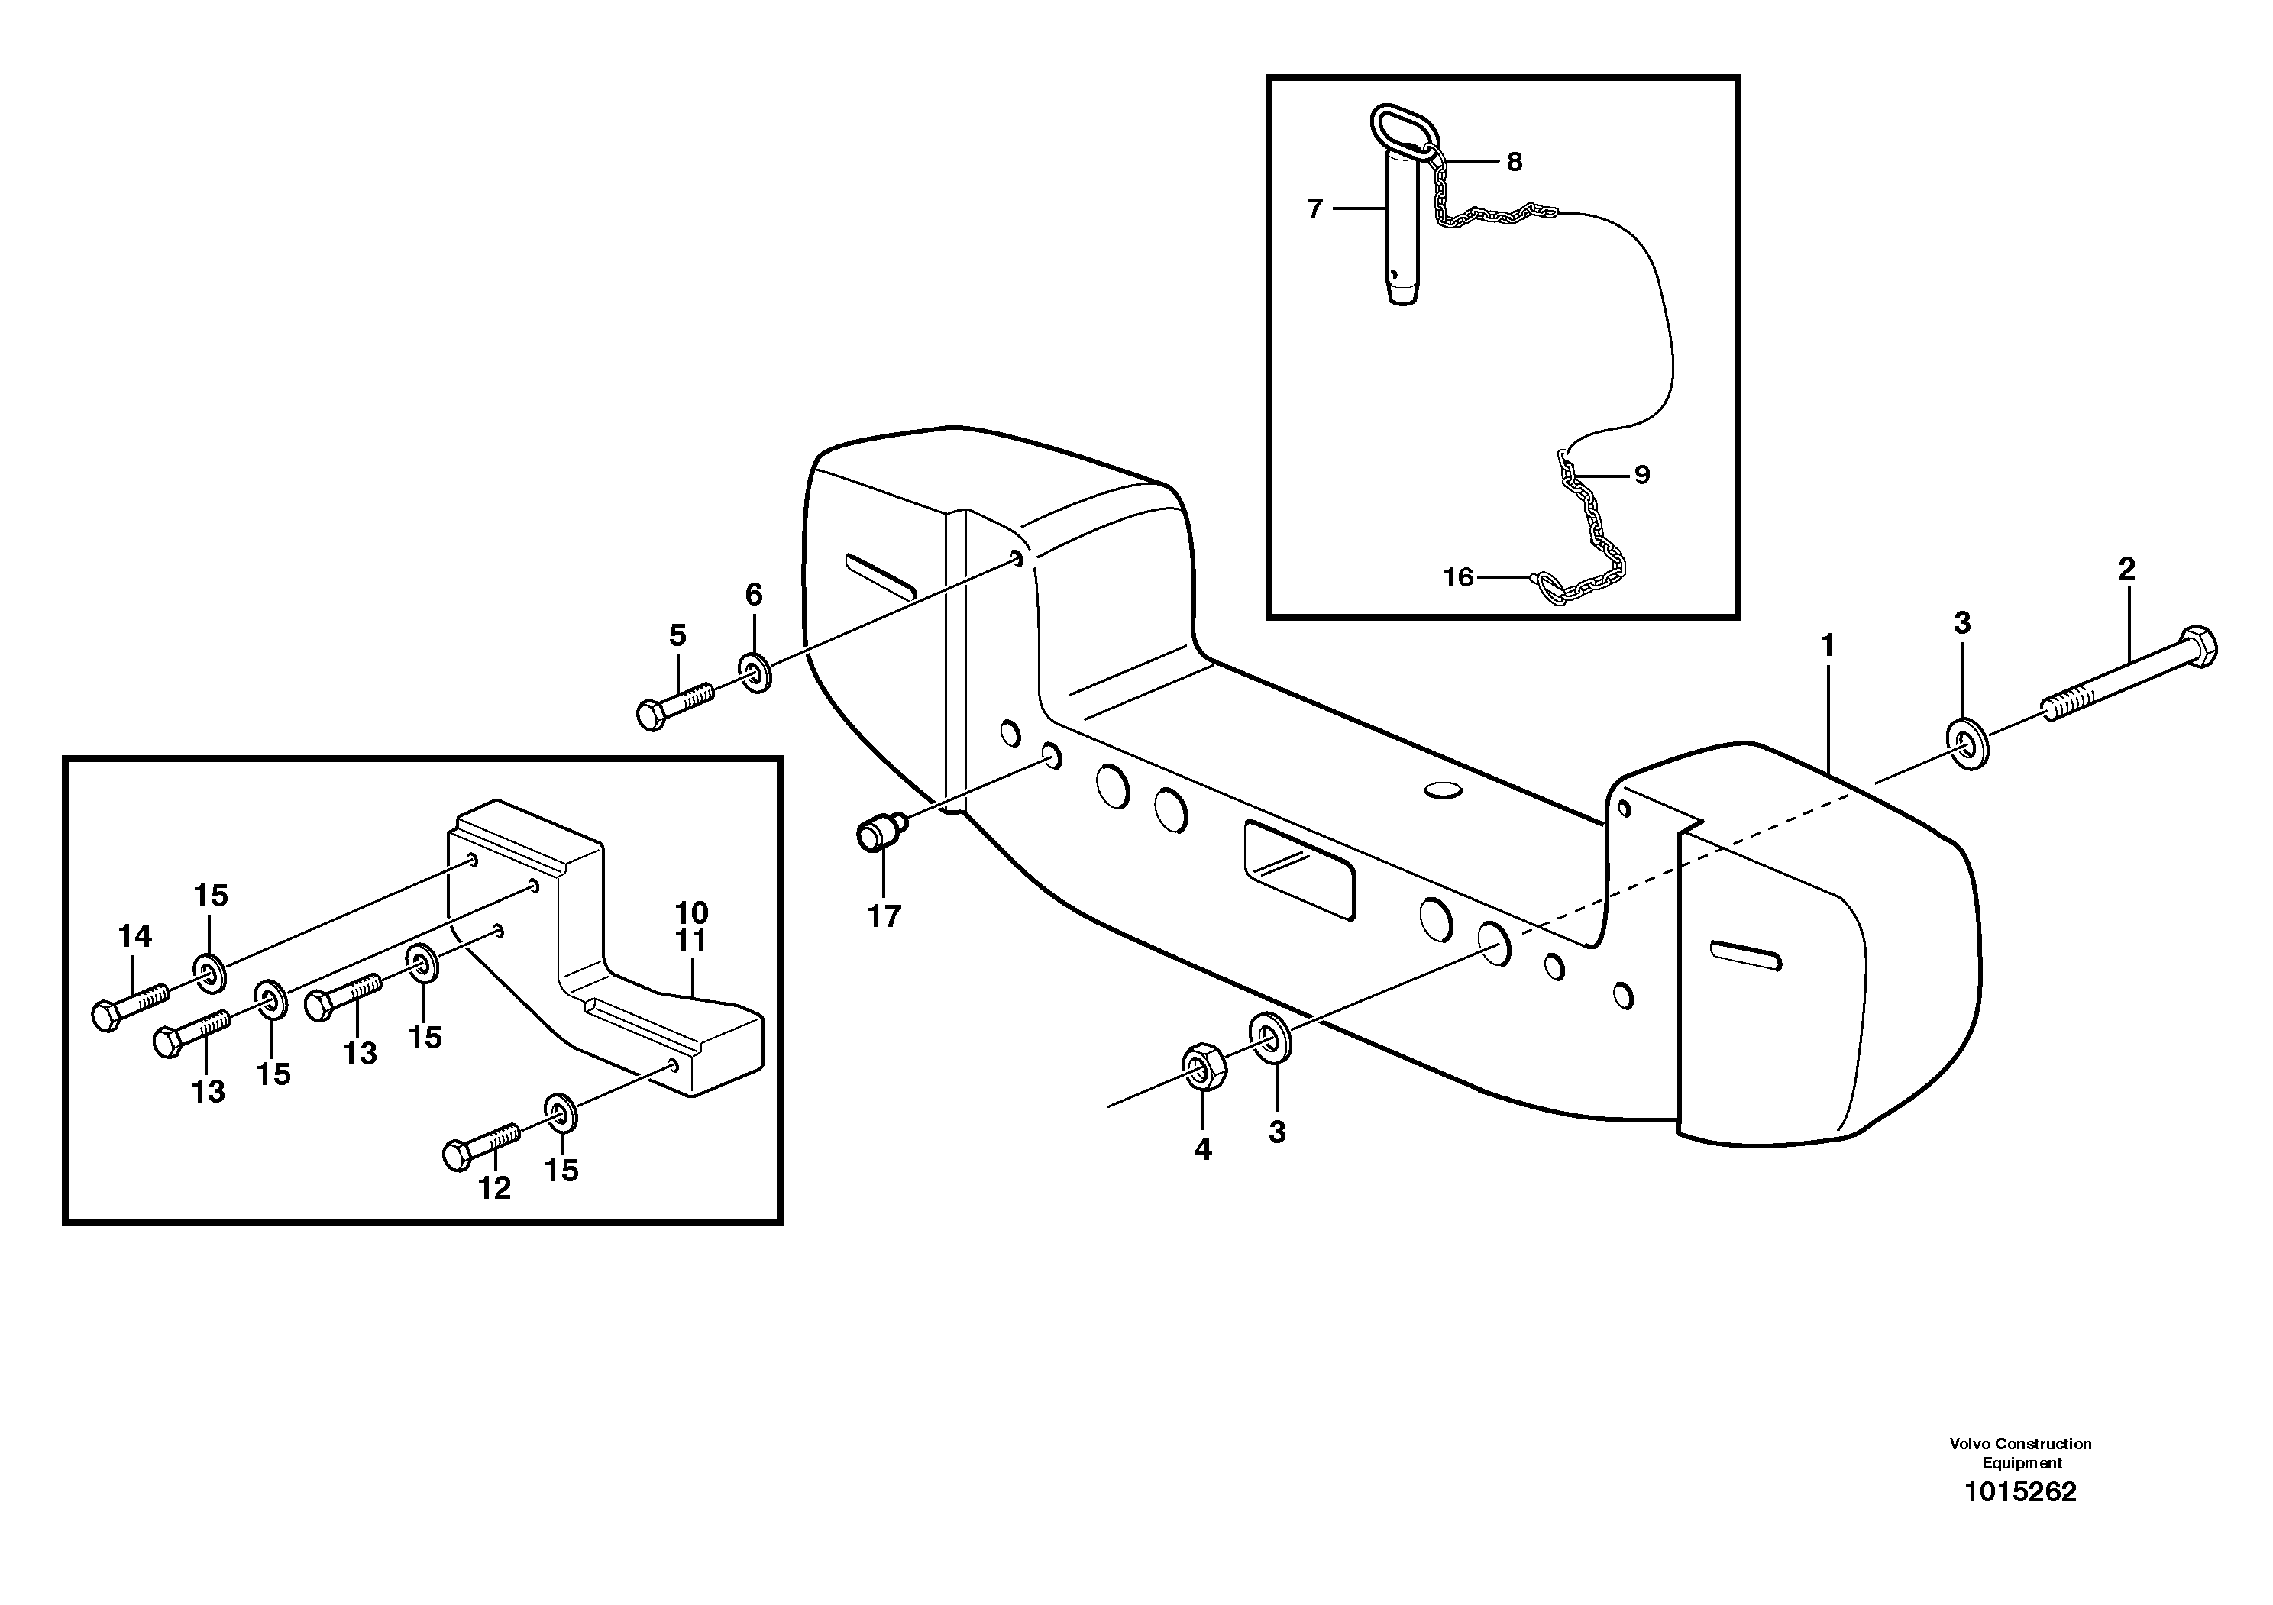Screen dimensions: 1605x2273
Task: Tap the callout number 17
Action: (x=884, y=916)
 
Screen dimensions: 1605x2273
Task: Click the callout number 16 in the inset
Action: (x=1457, y=577)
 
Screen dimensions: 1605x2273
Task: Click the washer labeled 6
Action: (x=756, y=673)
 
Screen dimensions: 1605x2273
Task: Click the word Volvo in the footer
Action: (x=1968, y=1471)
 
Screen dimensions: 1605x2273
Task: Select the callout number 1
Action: (x=1828, y=645)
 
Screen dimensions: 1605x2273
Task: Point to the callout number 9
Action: (x=1641, y=475)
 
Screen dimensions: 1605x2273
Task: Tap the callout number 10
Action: (x=691, y=912)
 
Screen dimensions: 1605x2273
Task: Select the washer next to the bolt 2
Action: (x=1967, y=745)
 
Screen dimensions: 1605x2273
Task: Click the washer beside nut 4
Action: (x=1270, y=1037)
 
